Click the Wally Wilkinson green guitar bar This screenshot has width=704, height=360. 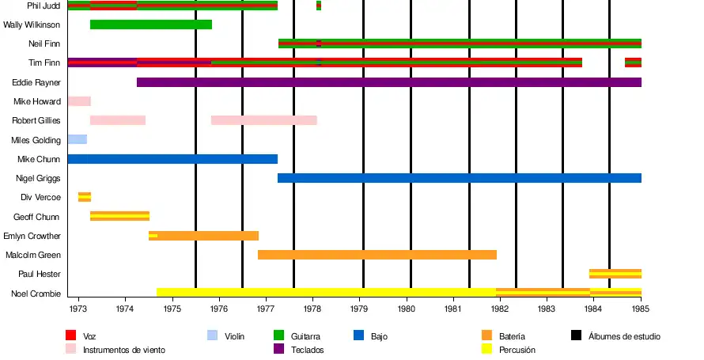(151, 25)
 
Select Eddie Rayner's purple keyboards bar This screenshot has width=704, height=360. (388, 82)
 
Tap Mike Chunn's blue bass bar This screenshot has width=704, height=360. (172, 159)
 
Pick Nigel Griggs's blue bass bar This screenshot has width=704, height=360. (459, 178)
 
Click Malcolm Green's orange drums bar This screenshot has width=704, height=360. (377, 255)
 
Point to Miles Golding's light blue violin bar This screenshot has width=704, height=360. (77, 139)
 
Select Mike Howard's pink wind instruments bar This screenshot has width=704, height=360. (79, 101)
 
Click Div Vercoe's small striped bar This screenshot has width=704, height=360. (85, 197)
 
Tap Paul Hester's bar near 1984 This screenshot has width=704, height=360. (615, 274)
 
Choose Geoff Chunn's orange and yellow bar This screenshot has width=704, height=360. (119, 216)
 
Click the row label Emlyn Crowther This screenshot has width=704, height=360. (32, 236)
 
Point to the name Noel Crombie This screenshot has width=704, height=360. (36, 294)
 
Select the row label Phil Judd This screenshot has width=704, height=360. (44, 6)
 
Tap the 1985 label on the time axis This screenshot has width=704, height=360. (640, 309)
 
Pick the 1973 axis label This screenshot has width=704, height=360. (78, 309)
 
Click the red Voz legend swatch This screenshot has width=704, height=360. (70, 335)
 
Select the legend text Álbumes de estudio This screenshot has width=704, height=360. (624, 336)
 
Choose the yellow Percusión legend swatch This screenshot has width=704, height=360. (486, 348)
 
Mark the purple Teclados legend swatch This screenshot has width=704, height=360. (278, 348)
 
